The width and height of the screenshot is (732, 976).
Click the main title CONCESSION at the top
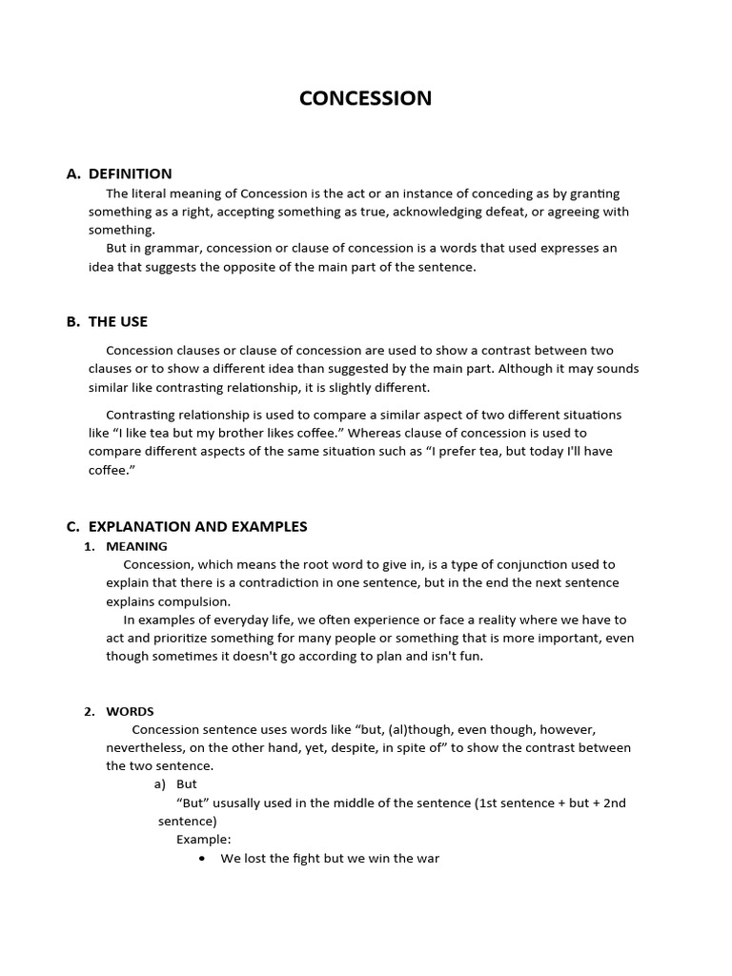coord(365,98)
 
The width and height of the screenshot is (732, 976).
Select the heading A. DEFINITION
coord(119,173)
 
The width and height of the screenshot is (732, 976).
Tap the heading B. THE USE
coord(107,321)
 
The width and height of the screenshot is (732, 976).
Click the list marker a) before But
coord(160,783)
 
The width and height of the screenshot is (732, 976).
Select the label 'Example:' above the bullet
coord(203,840)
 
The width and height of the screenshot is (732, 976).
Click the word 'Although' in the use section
coord(525,369)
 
